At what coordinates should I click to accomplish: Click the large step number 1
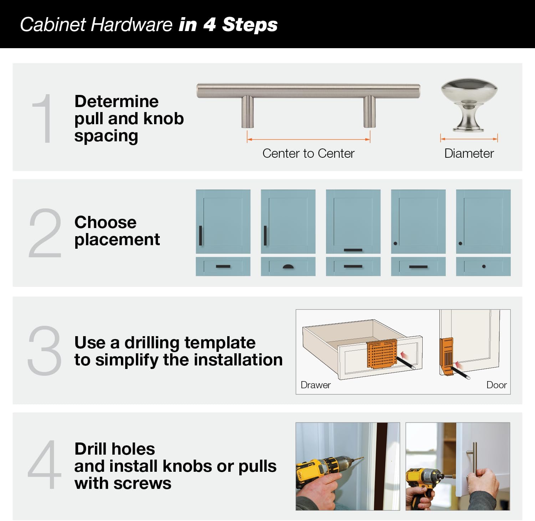tap(44, 119)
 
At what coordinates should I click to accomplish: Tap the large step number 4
tap(44, 465)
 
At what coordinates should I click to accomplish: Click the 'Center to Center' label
tap(308, 153)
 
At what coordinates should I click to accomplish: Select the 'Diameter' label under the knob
tap(469, 153)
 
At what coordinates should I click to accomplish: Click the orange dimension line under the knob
tap(469, 139)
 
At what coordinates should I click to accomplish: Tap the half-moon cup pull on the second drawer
tap(288, 266)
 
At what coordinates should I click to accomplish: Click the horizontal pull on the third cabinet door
tap(353, 250)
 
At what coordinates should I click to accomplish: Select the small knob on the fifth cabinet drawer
tap(484, 266)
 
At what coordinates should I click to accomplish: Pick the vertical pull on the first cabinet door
tap(200, 236)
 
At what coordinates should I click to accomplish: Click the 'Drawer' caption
tap(315, 385)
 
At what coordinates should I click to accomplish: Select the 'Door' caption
tap(496, 385)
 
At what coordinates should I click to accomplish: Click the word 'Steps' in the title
tap(249, 25)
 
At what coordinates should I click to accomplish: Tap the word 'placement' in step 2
tap(117, 239)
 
